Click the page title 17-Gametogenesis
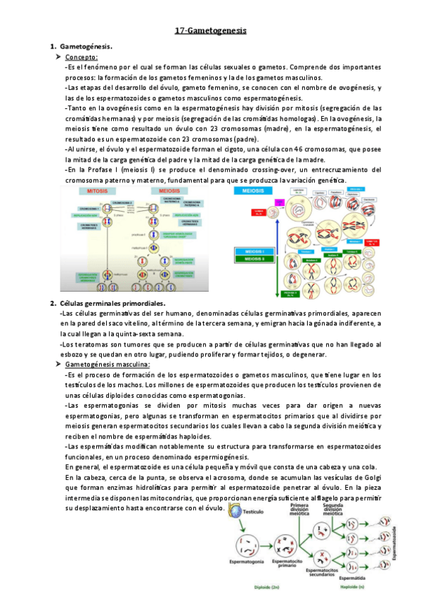(x=210, y=31)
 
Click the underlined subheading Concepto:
(x=81, y=57)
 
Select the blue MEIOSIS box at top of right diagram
(x=255, y=190)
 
